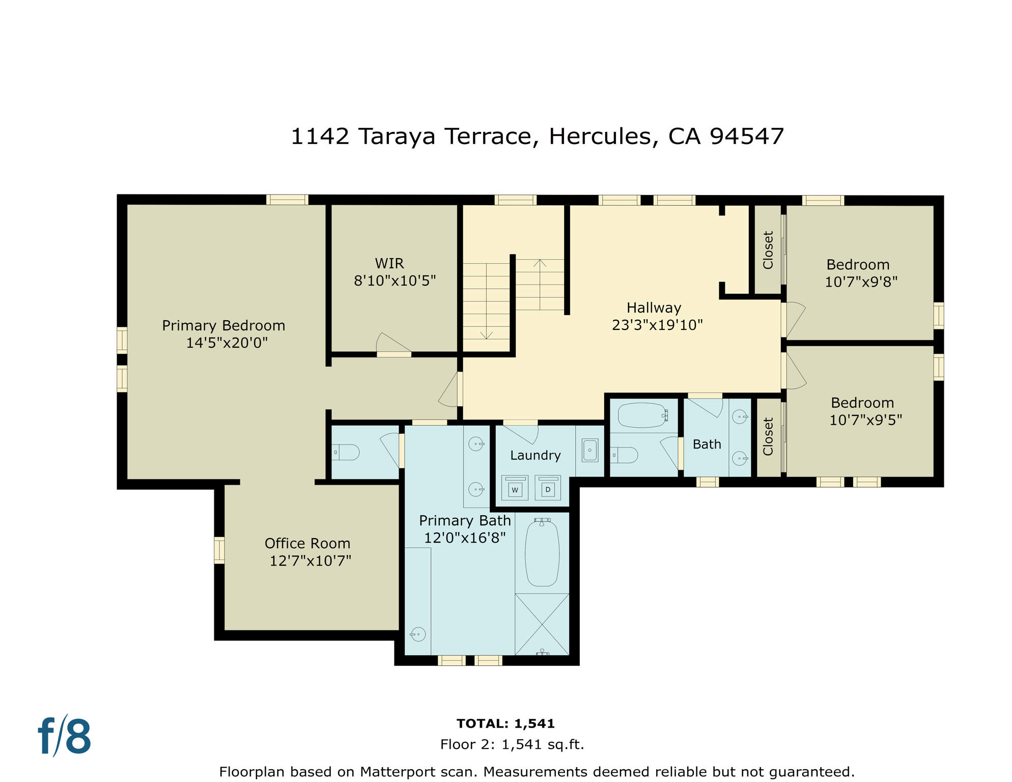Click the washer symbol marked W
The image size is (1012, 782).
(x=515, y=488)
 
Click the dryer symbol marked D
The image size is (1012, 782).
(x=548, y=488)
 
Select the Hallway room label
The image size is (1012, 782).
(x=654, y=308)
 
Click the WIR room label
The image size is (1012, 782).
(x=389, y=264)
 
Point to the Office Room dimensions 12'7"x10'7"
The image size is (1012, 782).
(x=310, y=561)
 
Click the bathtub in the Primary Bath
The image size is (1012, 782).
(x=542, y=553)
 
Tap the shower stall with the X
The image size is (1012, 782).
(x=542, y=624)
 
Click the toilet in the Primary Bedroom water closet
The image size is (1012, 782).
(x=347, y=452)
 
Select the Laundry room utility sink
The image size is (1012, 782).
(x=590, y=451)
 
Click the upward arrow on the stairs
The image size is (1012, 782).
(x=540, y=264)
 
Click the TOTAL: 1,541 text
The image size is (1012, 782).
(x=505, y=723)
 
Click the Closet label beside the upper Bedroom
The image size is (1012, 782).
(x=768, y=250)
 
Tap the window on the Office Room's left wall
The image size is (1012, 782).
(x=219, y=550)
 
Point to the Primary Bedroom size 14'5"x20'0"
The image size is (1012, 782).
(x=227, y=343)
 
